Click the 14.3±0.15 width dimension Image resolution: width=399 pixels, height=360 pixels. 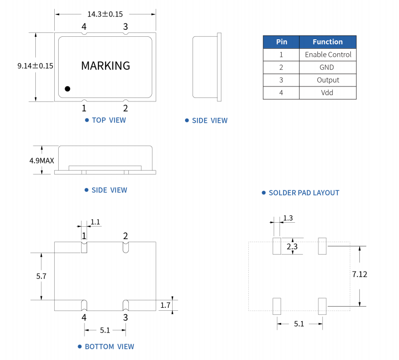(105, 14)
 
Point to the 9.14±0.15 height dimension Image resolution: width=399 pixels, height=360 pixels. (35, 66)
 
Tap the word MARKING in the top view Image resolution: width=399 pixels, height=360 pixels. (105, 66)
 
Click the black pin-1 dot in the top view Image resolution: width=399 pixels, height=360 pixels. (68, 89)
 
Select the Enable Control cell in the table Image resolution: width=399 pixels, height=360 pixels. (328, 55)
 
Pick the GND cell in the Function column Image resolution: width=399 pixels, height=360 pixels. (328, 67)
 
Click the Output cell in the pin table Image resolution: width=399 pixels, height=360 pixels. (328, 80)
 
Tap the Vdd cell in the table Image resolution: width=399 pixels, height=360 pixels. (328, 93)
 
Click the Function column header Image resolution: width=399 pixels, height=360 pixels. (328, 42)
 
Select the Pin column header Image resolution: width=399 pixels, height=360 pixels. (281, 42)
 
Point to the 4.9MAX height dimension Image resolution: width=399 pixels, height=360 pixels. (42, 161)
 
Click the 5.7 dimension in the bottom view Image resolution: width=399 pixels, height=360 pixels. (41, 276)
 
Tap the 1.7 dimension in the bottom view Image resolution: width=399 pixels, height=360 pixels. (165, 305)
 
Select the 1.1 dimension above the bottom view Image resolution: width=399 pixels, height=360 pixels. (95, 222)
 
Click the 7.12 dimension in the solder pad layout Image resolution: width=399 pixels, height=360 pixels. (360, 274)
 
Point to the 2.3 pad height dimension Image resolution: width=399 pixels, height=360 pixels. (292, 246)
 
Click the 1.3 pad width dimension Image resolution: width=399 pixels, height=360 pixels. (288, 218)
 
